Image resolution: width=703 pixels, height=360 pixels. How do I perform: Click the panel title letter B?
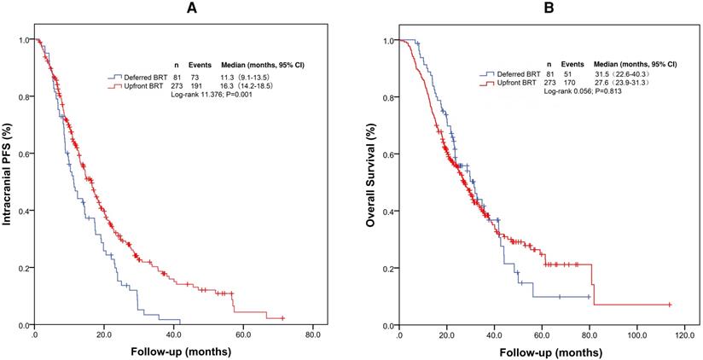point(537,8)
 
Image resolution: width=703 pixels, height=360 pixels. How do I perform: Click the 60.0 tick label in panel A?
point(243,335)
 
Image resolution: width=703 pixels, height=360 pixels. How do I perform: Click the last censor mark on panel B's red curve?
point(669,305)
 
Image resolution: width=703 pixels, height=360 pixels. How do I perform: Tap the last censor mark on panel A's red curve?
point(282,317)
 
